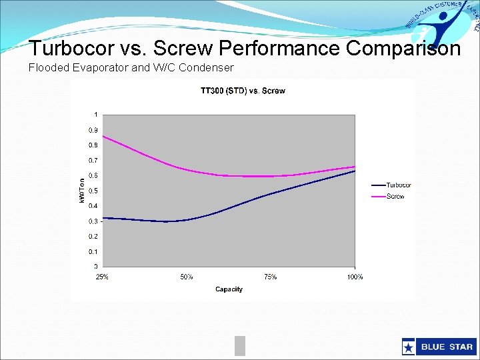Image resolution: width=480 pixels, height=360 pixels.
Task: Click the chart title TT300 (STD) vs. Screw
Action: (x=243, y=91)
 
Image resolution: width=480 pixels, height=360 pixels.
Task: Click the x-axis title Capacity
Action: (x=229, y=289)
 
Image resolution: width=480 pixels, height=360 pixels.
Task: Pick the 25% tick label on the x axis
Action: (x=103, y=277)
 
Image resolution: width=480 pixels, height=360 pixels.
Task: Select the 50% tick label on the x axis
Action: (x=187, y=277)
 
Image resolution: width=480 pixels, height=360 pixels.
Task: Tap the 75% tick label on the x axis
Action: (x=271, y=277)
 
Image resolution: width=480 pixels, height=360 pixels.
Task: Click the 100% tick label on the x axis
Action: (x=355, y=277)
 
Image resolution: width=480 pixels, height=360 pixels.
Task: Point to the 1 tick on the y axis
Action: (x=96, y=114)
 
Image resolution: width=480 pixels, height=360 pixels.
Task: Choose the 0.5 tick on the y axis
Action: (x=94, y=191)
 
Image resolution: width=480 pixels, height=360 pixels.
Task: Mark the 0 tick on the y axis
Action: (x=96, y=267)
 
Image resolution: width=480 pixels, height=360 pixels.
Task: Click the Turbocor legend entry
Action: (x=399, y=185)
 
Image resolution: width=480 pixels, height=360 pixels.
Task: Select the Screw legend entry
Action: (x=395, y=196)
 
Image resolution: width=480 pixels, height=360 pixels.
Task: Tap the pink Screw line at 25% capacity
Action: (x=103, y=136)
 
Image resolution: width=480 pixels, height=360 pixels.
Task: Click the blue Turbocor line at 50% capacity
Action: (x=187, y=220)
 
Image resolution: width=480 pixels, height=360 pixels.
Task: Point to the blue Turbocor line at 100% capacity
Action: (x=354, y=171)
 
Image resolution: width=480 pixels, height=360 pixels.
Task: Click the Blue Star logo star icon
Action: (x=408, y=347)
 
